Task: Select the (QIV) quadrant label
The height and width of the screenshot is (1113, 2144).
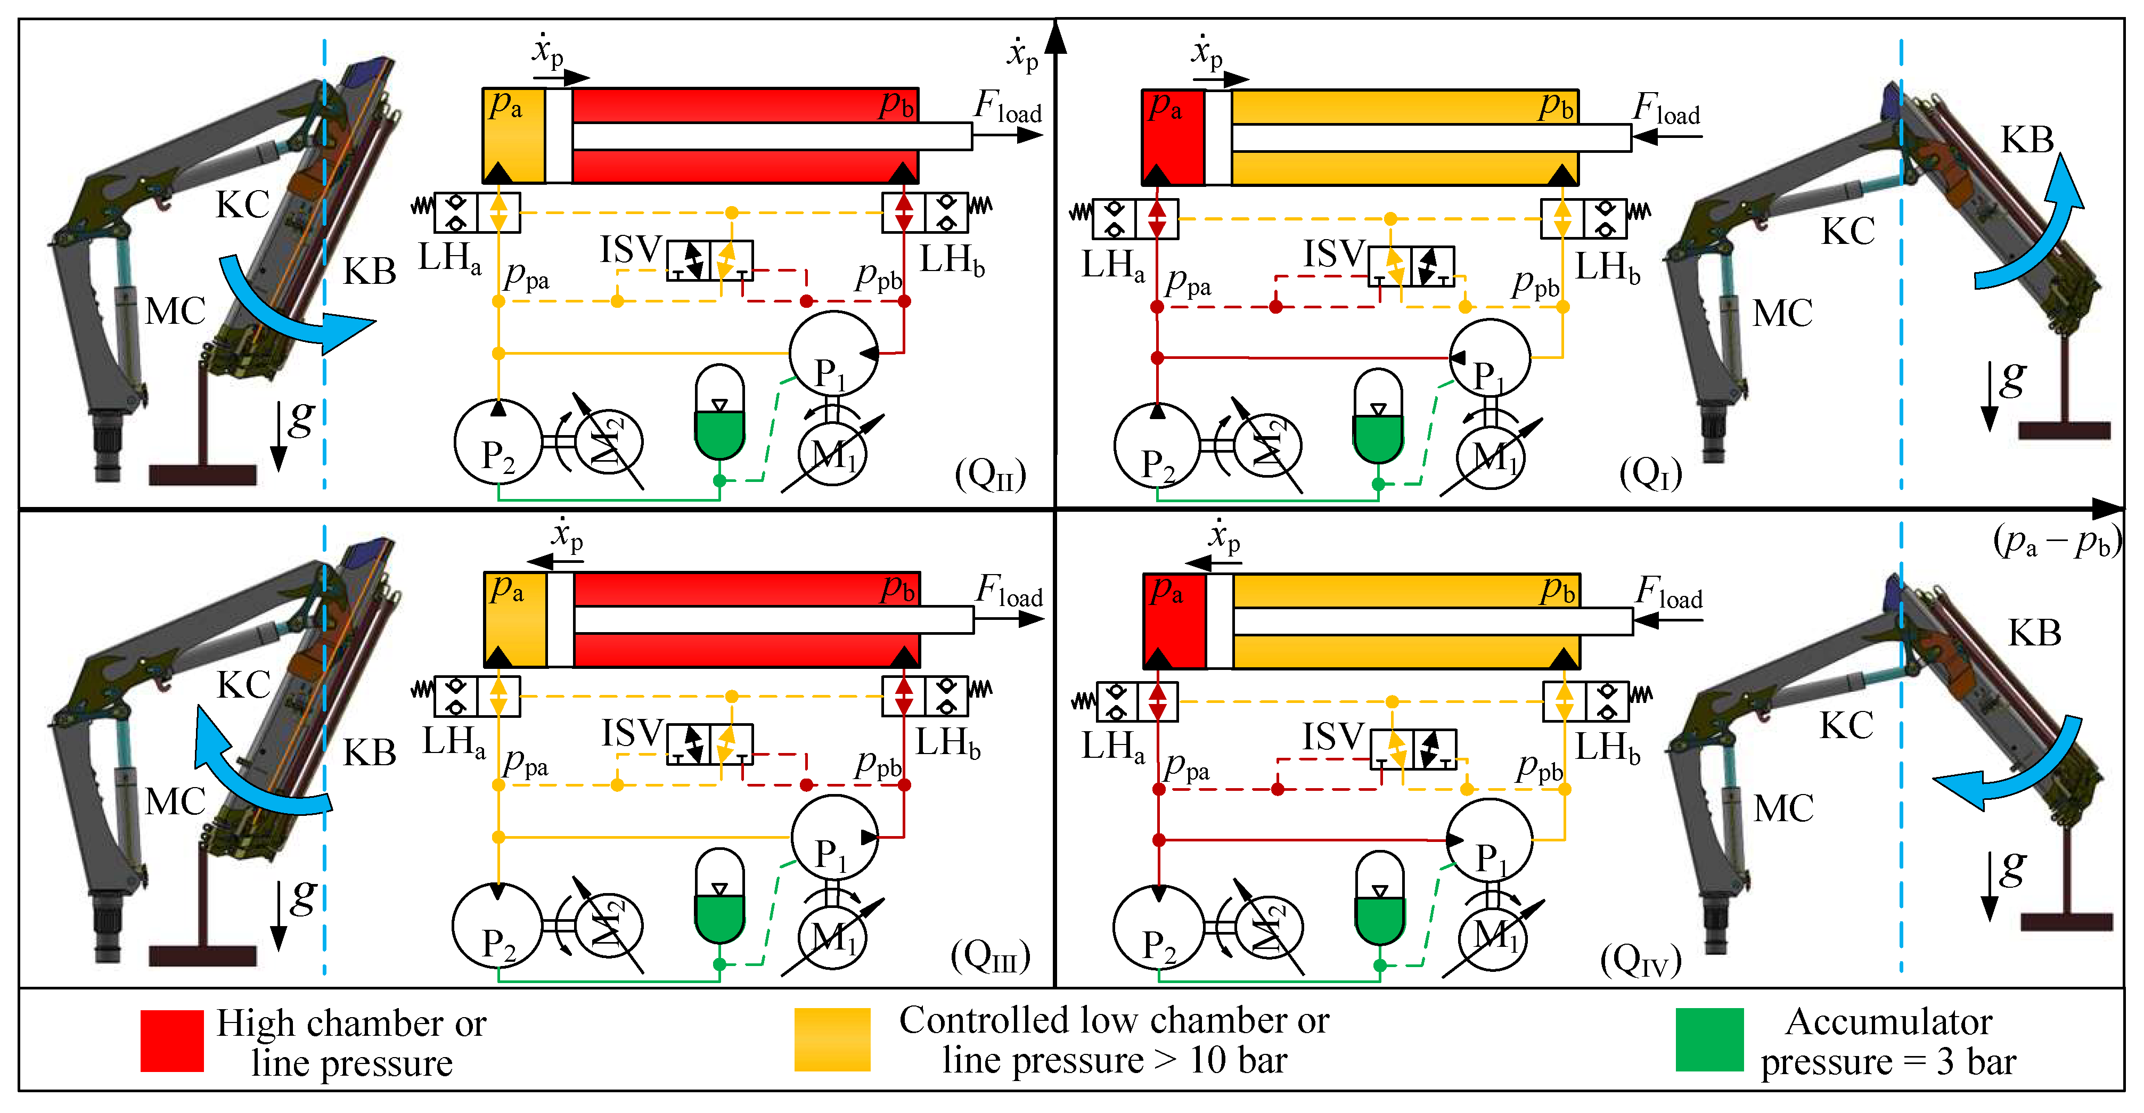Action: coord(1640,961)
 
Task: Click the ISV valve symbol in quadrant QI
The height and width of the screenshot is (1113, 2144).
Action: coord(1412,266)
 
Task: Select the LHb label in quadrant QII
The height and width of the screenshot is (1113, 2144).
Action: coord(951,260)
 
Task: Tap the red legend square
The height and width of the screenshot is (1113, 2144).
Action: coord(173,1041)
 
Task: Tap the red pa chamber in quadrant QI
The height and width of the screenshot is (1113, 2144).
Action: coord(1173,137)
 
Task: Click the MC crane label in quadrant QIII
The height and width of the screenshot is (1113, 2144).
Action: coord(175,801)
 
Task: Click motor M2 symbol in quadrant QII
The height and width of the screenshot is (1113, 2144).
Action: coord(608,441)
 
